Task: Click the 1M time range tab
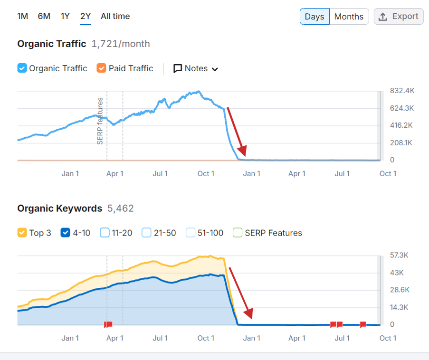tap(22, 16)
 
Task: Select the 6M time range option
tap(44, 16)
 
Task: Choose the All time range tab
tap(115, 16)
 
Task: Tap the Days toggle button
tap(314, 17)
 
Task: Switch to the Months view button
tap(349, 17)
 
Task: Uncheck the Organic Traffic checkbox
tap(22, 68)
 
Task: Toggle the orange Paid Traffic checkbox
tap(101, 68)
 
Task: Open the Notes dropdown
tap(196, 68)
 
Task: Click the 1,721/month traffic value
tap(121, 44)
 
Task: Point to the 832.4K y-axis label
tap(402, 91)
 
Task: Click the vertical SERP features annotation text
tap(100, 121)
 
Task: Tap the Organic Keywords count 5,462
tap(121, 208)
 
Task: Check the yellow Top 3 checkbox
tap(22, 233)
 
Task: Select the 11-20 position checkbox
tap(105, 233)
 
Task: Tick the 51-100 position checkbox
tap(191, 233)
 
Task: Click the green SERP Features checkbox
tap(238, 233)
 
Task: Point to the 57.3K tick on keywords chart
tap(399, 256)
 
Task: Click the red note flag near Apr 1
tap(108, 325)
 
